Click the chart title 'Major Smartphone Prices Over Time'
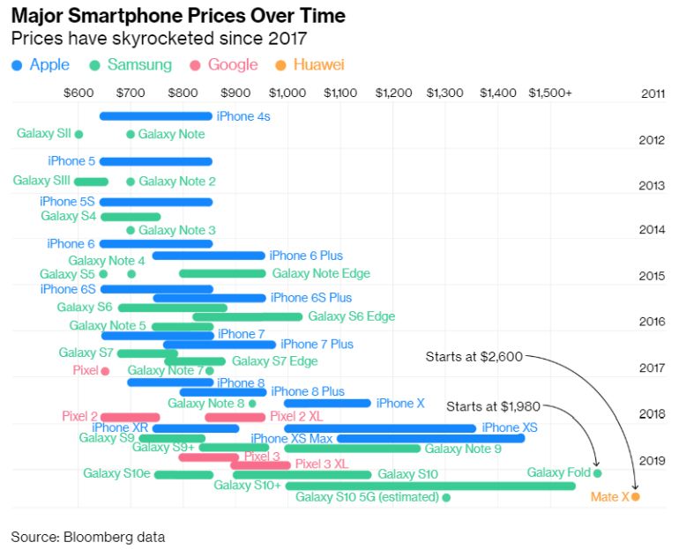click(x=177, y=16)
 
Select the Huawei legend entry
click(x=310, y=64)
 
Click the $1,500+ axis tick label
click(x=550, y=93)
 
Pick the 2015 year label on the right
click(x=652, y=276)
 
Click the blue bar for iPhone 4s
click(x=155, y=116)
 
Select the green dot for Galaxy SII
click(x=78, y=134)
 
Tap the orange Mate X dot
click(x=635, y=497)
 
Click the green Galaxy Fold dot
click(x=597, y=473)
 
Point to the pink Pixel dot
click(x=105, y=371)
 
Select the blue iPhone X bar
click(x=326, y=404)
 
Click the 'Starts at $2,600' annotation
click(x=474, y=357)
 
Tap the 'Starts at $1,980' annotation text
click(x=493, y=406)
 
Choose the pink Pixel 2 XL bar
click(x=235, y=417)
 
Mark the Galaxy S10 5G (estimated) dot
click(x=445, y=498)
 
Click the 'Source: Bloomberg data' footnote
click(x=87, y=536)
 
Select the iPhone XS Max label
click(x=292, y=438)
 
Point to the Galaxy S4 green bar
click(x=131, y=216)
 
